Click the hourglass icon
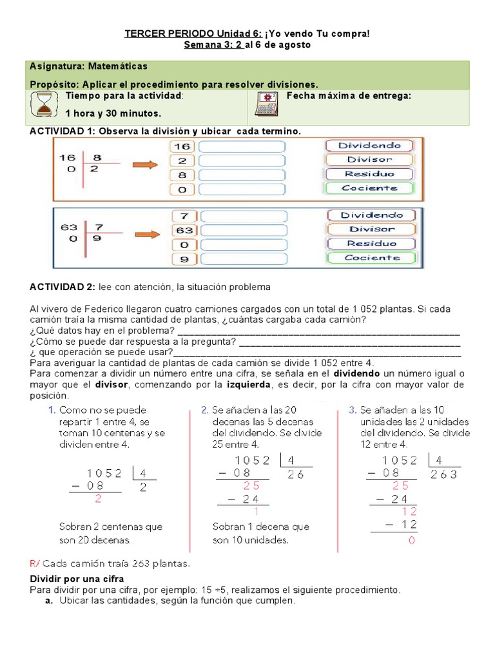[x=43, y=104]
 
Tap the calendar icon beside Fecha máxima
[x=265, y=104]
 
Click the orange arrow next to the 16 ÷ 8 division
[x=144, y=166]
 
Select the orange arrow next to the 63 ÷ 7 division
[x=144, y=235]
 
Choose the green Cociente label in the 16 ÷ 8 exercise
[x=369, y=188]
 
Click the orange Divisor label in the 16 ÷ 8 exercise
[x=369, y=160]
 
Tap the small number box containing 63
[x=182, y=230]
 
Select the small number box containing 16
[x=182, y=146]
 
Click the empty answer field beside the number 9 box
[x=243, y=259]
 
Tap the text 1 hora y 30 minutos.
[x=113, y=113]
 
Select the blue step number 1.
[x=50, y=410]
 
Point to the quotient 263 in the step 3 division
[x=444, y=474]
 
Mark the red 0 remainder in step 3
[x=411, y=541]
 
